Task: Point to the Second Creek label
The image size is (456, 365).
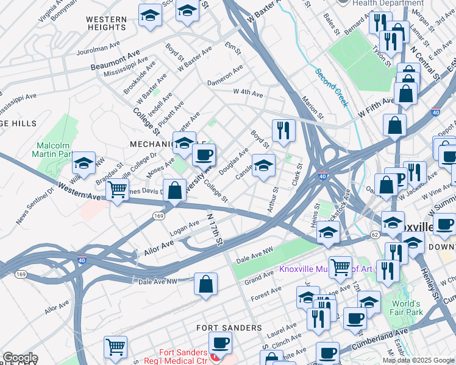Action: click(x=332, y=88)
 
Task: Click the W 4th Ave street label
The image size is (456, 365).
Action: click(x=248, y=94)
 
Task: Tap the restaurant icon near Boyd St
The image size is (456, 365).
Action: click(x=283, y=130)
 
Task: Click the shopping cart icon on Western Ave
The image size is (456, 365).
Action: click(x=117, y=189)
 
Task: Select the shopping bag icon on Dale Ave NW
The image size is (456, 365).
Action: click(x=206, y=283)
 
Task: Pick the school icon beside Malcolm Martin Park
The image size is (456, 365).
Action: click(x=84, y=163)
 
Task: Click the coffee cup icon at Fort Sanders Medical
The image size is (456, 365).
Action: click(x=219, y=342)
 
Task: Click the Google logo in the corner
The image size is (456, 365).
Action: click(x=20, y=358)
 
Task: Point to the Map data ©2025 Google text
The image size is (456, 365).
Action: click(x=418, y=360)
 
